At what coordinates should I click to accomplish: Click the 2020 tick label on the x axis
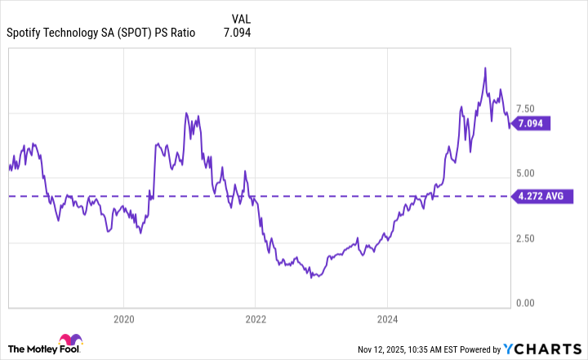point(123,318)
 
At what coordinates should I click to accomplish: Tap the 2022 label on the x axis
point(256,318)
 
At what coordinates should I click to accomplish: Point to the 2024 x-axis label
point(388,318)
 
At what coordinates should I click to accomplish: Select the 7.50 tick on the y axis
point(525,109)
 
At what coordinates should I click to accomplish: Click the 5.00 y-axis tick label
point(525,174)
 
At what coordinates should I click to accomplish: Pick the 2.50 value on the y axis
point(525,238)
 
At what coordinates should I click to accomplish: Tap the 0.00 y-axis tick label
point(525,304)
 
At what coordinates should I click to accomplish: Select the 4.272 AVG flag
point(542,196)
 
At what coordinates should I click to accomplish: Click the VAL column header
point(242,17)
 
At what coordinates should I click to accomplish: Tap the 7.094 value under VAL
point(237,33)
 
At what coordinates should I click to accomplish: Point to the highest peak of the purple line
point(485,68)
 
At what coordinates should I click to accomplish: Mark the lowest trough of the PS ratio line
point(312,278)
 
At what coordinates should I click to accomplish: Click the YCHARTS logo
point(543,349)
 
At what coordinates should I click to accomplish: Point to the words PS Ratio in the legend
point(198,33)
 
